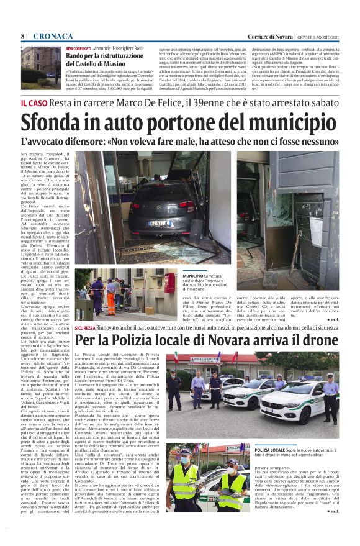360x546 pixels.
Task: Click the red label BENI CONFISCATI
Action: (78, 48)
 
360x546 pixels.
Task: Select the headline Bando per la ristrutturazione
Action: (102, 56)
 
